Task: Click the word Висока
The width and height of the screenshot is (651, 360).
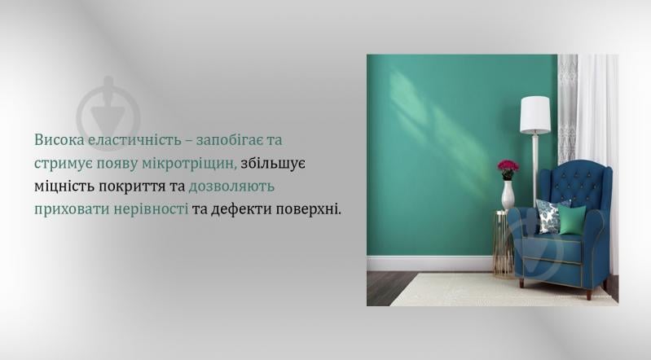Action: pyautogui.click(x=59, y=140)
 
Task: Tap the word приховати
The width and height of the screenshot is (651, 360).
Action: pyautogui.click(x=71, y=209)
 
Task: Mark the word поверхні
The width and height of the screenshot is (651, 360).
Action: pyautogui.click(x=308, y=209)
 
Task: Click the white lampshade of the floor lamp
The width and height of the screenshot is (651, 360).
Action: pyautogui.click(x=535, y=115)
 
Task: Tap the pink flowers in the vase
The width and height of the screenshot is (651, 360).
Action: pyautogui.click(x=508, y=168)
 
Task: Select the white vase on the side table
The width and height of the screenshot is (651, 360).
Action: pyautogui.click(x=508, y=195)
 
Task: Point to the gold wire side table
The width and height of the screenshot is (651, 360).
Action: pyautogui.click(x=503, y=244)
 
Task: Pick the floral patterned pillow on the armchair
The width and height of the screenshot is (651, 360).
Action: pyautogui.click(x=549, y=214)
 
